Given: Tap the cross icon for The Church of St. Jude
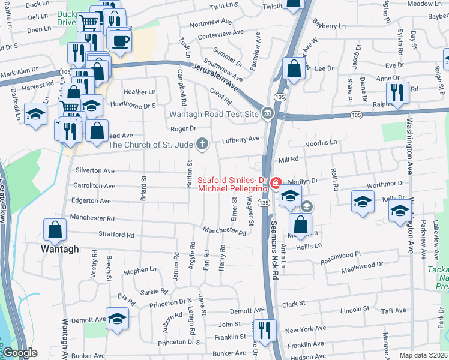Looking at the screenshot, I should tap(203, 144).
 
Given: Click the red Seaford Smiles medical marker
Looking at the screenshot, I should tap(276, 183).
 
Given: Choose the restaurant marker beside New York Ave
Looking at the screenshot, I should tap(263, 329).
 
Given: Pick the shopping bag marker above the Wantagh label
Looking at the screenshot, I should tap(55, 229).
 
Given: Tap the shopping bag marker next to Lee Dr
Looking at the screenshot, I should tap(294, 68).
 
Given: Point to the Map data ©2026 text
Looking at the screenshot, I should tap(424, 355).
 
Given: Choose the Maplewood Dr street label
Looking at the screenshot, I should tap(363, 264).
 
